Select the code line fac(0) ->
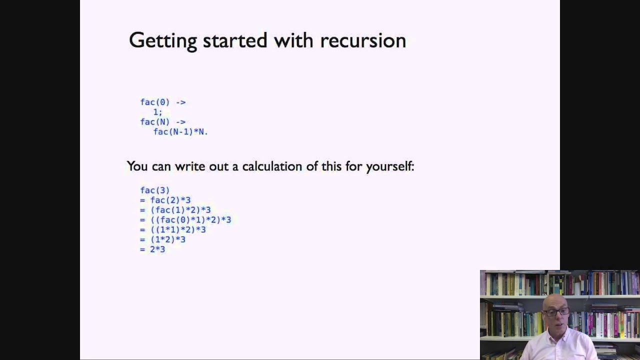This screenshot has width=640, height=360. click(162, 102)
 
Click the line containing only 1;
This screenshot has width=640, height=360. click(157, 112)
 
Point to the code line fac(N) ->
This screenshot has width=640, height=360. click(162, 122)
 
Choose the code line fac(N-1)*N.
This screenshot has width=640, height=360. click(180, 132)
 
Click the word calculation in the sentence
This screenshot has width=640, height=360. click(272, 166)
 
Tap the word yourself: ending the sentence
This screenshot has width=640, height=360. click(390, 166)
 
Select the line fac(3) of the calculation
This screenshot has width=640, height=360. click(155, 190)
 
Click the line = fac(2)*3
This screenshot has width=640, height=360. click(165, 200)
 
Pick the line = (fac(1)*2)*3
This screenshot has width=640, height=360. click(175, 210)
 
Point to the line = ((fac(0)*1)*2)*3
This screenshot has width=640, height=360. click(185, 219)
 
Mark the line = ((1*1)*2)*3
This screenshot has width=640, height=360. click(173, 229)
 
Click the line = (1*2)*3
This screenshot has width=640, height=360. click(163, 239)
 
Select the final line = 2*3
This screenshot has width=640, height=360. click(152, 249)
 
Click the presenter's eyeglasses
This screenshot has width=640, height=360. click(556, 312)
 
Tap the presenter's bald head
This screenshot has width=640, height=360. click(555, 300)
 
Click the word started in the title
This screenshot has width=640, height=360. click(235, 40)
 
